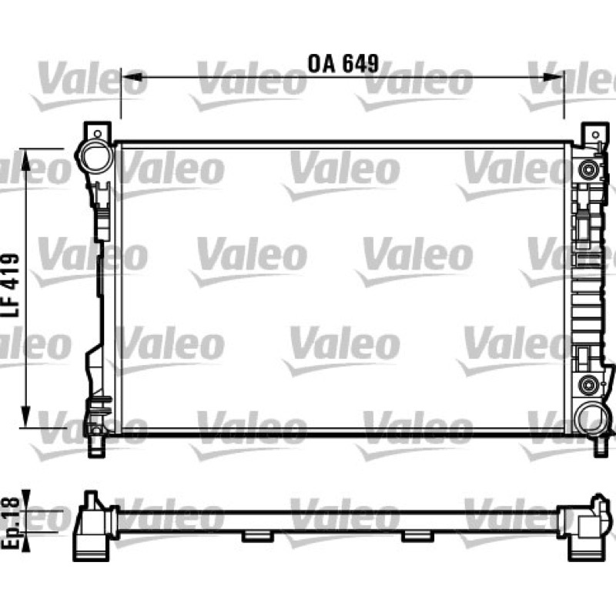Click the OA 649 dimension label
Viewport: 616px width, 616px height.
pyautogui.click(x=343, y=64)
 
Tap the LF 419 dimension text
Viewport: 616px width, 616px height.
pyautogui.click(x=11, y=285)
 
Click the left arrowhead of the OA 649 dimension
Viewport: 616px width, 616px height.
pyautogui.click(x=132, y=77)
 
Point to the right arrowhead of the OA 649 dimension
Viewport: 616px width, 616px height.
pyautogui.click(x=553, y=77)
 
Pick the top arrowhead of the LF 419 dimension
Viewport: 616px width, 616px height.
pyautogui.click(x=25, y=159)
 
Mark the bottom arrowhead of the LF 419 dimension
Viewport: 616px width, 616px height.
pyautogui.click(x=25, y=417)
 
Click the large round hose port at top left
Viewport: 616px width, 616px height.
pyautogui.click(x=95, y=156)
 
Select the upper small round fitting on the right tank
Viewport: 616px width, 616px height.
pyautogui.click(x=588, y=170)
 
